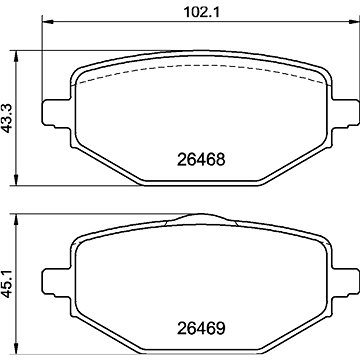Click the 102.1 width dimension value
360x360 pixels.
click(x=201, y=12)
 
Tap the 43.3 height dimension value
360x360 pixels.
click(x=7, y=118)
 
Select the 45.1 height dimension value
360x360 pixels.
click(x=7, y=283)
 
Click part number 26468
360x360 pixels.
click(x=201, y=160)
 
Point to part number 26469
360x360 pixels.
click(x=201, y=329)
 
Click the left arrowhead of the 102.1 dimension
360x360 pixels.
click(x=48, y=22)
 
